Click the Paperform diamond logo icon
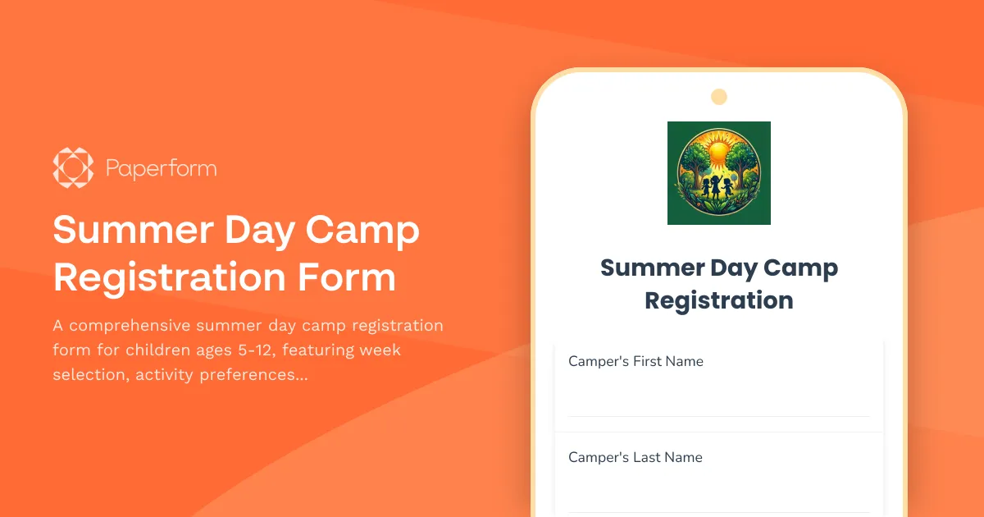[73, 168]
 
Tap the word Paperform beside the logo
[162, 169]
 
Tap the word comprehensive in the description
[138, 325]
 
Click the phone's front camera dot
[719, 97]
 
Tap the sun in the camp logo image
[719, 152]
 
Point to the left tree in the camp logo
[693, 164]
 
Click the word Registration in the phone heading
[719, 300]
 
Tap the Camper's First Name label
[635, 361]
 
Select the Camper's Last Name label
[635, 457]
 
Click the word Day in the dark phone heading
[734, 268]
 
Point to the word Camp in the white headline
[362, 231]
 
